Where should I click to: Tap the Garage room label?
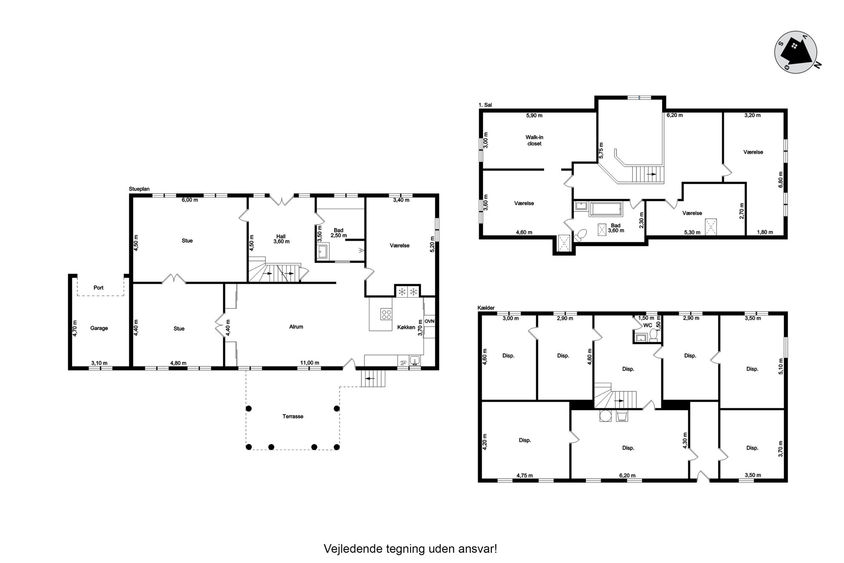tap(99, 328)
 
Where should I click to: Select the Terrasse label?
tap(293, 416)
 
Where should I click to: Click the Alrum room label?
tap(296, 327)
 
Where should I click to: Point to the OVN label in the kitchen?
tap(429, 321)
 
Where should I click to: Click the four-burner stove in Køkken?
tap(386, 314)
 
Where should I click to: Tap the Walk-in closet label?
tap(534, 140)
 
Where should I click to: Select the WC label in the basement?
tap(647, 325)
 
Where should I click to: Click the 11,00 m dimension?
tap(310, 363)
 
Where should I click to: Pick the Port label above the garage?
tap(98, 288)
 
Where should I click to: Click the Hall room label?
tap(281, 237)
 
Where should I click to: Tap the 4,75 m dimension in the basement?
tap(525, 476)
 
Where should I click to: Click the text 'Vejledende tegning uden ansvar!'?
tap(410, 549)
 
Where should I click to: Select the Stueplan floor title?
tap(139, 189)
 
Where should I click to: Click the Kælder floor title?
tap(486, 308)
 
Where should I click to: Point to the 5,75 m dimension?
tap(601, 150)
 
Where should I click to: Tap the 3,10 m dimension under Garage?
tap(99, 363)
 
